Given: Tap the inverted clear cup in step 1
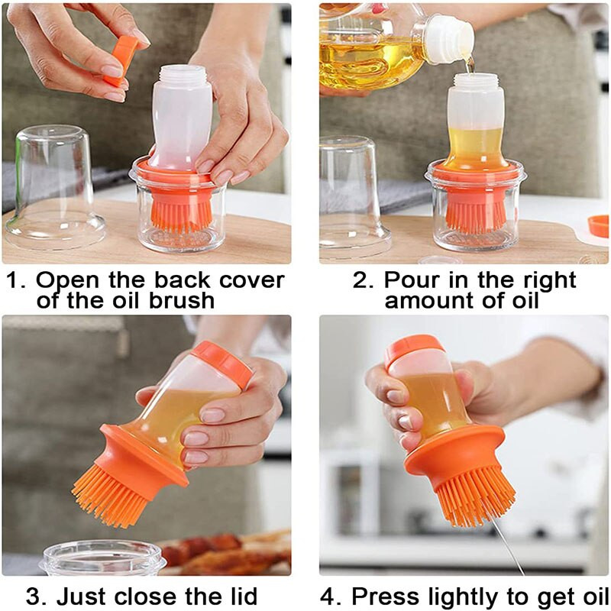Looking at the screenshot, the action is [x=54, y=188].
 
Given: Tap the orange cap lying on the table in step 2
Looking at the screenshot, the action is [x=599, y=226].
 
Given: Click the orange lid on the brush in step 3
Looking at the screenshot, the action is [x=223, y=364].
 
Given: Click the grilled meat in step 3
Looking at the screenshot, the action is [x=226, y=553].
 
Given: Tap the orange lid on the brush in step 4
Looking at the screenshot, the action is [x=413, y=350].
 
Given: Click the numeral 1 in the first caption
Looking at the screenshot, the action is [x=13, y=280].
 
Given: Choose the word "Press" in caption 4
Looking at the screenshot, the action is [x=386, y=596].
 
